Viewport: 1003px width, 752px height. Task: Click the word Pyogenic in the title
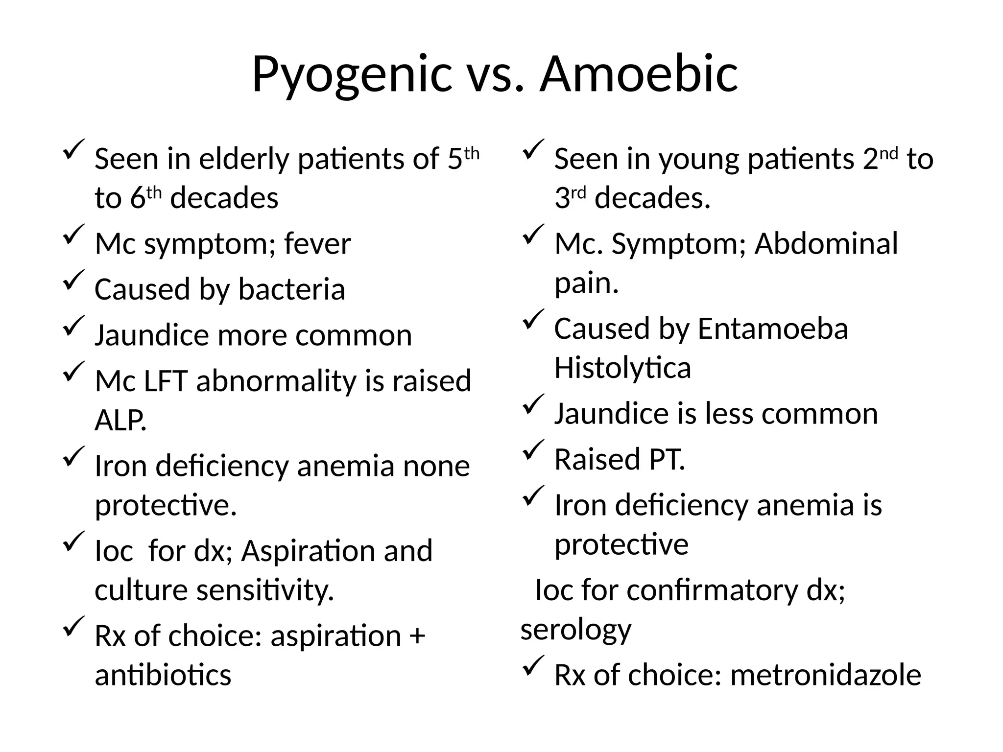[351, 75]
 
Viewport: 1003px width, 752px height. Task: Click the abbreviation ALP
[120, 420]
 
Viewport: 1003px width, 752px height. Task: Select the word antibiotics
[163, 675]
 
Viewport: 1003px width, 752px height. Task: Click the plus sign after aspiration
[417, 636]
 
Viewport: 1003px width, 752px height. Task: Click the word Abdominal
[826, 244]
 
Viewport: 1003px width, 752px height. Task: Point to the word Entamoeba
[772, 329]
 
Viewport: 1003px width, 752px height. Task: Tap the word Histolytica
[622, 368]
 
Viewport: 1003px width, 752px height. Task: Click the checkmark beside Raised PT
[533, 449]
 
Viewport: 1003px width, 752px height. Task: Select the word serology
[575, 630]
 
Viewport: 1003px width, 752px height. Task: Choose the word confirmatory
[712, 590]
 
